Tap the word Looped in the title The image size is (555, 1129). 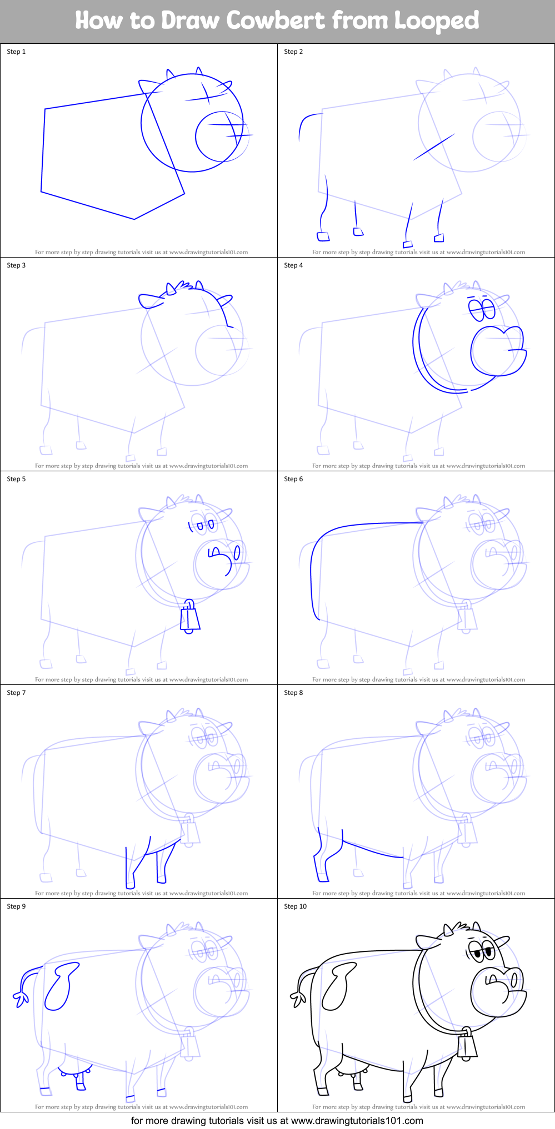click(436, 21)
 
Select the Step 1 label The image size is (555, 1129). click(16, 52)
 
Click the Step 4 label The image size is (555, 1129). click(293, 265)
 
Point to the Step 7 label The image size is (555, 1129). click(16, 693)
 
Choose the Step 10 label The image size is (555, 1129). click(295, 906)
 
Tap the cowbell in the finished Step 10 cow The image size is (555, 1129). click(467, 1046)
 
